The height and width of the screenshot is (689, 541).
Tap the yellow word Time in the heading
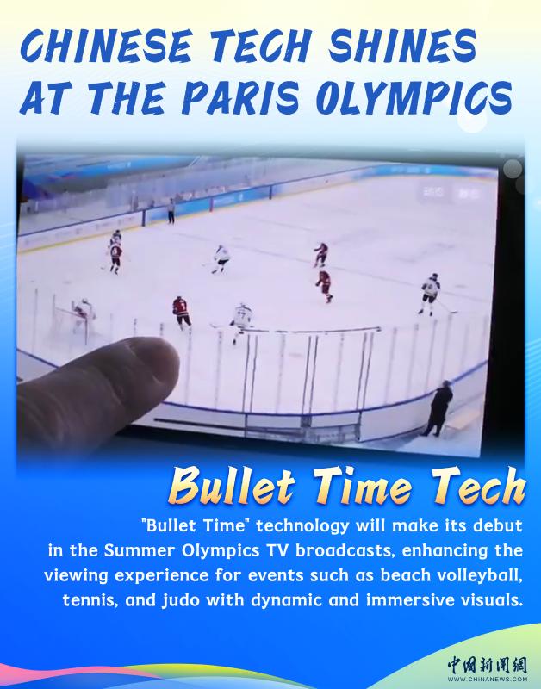(x=364, y=486)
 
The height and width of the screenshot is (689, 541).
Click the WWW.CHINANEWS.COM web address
(x=488, y=679)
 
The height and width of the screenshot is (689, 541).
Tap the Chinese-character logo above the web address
(x=488, y=665)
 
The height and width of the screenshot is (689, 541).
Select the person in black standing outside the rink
(x=438, y=408)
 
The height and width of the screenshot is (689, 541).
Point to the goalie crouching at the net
(x=84, y=313)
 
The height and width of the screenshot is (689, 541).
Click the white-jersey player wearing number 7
(x=241, y=321)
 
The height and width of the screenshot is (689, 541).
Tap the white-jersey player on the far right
(x=430, y=294)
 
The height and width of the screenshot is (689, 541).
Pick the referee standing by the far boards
(x=171, y=211)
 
